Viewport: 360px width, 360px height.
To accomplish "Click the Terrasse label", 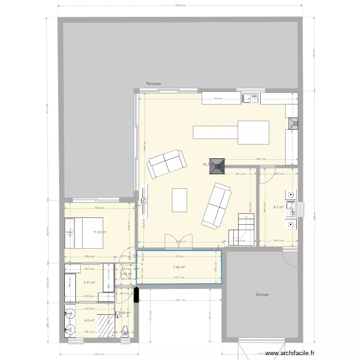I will (154, 84).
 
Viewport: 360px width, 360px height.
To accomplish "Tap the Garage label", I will (262, 294).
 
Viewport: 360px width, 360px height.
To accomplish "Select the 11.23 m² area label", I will (100, 232).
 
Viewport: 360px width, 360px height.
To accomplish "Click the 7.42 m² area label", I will (179, 268).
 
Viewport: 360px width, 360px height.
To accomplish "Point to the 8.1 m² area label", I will (278, 207).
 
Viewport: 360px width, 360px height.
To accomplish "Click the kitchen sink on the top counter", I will (251, 98).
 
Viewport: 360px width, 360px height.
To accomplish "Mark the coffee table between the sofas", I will (180, 200).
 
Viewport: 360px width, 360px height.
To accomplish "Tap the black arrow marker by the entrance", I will (136, 294).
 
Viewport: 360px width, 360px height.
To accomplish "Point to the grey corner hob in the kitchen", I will (292, 124).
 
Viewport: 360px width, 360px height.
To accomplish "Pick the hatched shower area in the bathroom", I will (106, 321).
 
